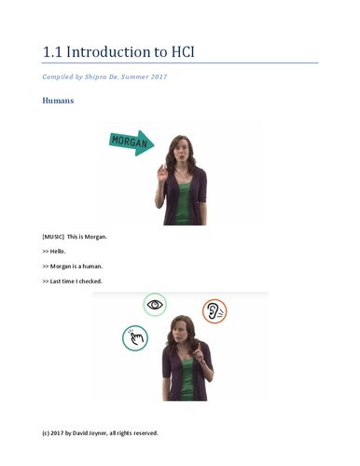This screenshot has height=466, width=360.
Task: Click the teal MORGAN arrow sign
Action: point(132,142)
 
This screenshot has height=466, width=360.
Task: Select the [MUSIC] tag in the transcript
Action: point(54,237)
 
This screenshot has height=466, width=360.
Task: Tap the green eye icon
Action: point(155,304)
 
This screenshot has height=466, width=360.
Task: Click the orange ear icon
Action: point(215,310)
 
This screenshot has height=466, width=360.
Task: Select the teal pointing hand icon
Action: point(135,336)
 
